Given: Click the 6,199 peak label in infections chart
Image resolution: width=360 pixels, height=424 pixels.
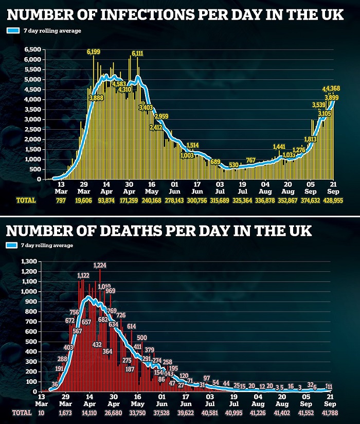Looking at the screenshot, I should [94, 51].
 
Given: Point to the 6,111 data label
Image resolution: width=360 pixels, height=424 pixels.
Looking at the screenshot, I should [137, 53].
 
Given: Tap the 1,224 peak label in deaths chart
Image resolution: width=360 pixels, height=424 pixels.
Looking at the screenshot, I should [100, 266].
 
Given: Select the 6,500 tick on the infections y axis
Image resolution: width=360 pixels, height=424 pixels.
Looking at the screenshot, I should [33, 49].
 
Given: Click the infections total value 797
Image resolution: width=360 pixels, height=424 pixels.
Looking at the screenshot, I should [61, 200].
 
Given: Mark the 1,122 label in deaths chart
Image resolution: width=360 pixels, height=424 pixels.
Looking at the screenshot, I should [83, 276].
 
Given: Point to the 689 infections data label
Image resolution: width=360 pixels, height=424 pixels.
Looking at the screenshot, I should [215, 162].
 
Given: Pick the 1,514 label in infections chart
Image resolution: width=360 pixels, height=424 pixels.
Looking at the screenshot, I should [193, 145].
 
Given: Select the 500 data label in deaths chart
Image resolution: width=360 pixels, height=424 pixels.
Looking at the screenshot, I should [142, 338].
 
